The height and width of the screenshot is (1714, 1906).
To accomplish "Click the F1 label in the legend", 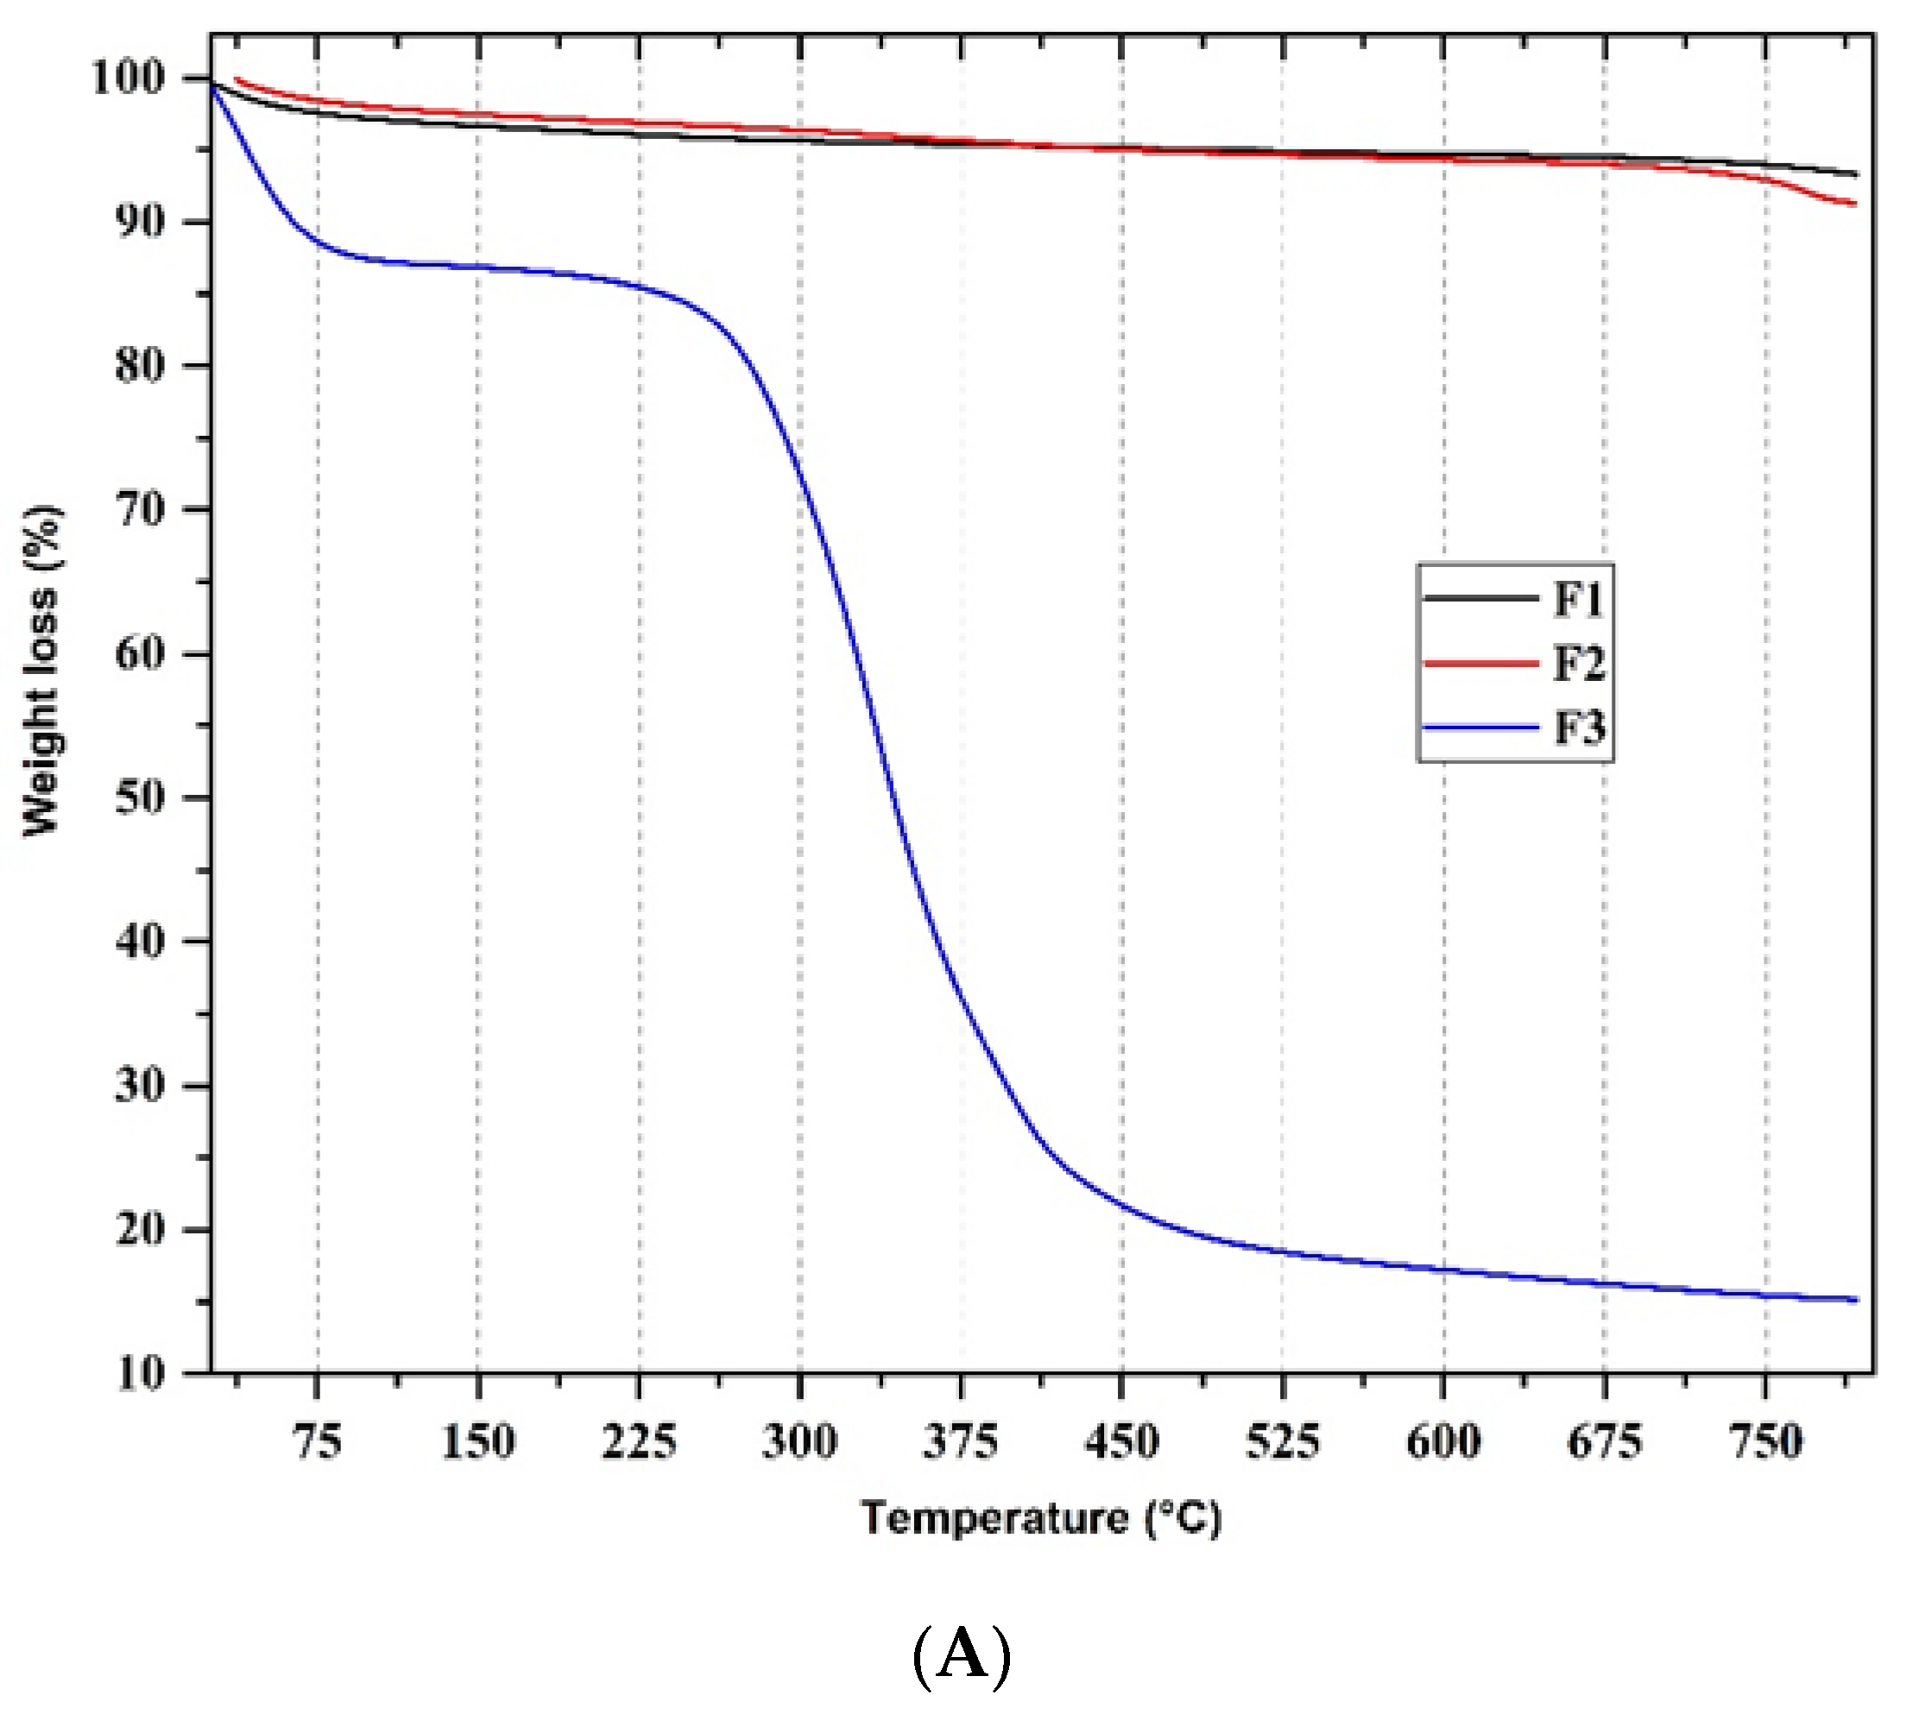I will [1577, 599].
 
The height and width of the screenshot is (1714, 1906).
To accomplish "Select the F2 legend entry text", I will [1578, 664].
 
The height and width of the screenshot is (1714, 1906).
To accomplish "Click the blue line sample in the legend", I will [1480, 728].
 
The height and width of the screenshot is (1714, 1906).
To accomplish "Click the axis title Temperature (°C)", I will [1040, 1519].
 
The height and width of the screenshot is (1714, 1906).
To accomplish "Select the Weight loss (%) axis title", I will [41, 671].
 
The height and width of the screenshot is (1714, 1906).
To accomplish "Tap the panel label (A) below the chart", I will [962, 1655].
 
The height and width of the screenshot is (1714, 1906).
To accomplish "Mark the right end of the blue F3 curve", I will [1856, 1300].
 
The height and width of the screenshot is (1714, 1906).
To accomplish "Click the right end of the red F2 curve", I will [1854, 204].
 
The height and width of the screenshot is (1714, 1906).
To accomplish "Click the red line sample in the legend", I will [1480, 664].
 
